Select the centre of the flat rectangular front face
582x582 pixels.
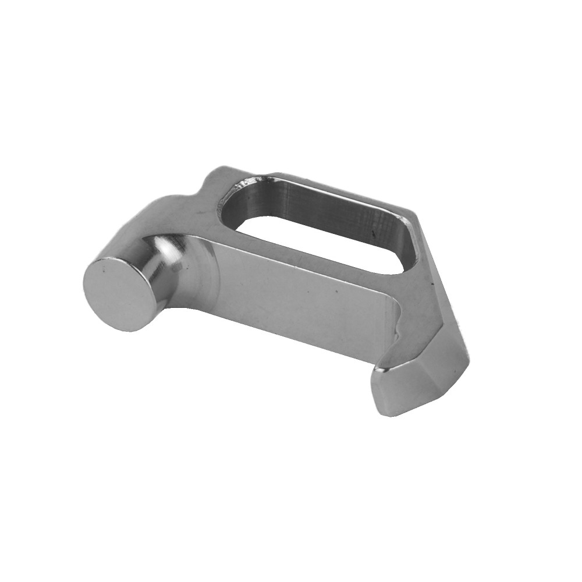(x=303, y=297)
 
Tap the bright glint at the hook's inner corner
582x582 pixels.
(x=381, y=368)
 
